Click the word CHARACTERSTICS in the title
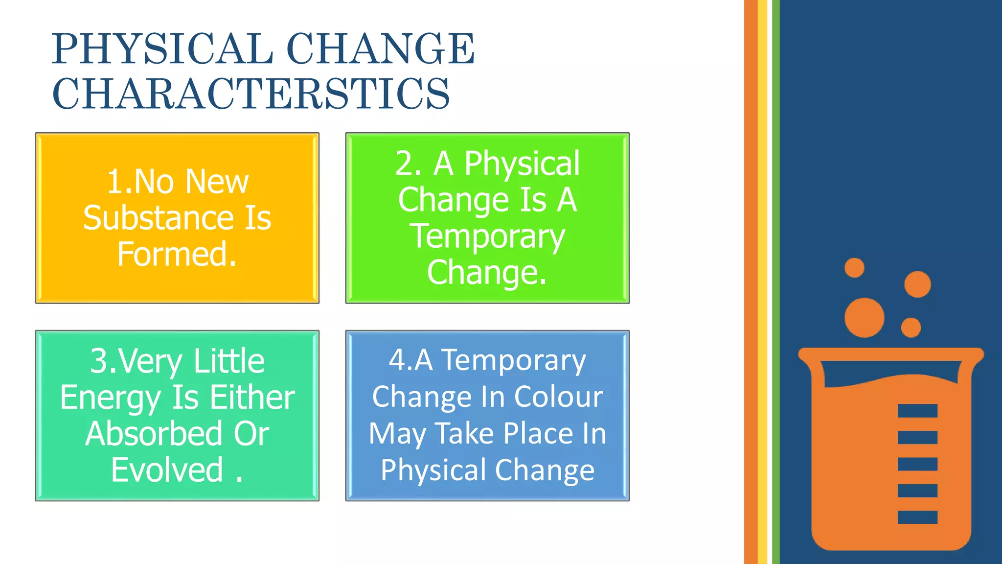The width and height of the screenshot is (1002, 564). click(x=250, y=94)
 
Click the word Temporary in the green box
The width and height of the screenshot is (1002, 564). click(x=487, y=236)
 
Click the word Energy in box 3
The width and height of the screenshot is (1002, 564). click(x=111, y=398)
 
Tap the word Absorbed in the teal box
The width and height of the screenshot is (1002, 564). click(x=153, y=434)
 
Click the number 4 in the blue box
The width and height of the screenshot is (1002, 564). click(x=397, y=360)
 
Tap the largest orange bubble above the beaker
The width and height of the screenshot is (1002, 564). click(x=864, y=317)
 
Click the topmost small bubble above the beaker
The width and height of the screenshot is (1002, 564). click(x=854, y=268)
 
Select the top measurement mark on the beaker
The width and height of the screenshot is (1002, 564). click(x=917, y=411)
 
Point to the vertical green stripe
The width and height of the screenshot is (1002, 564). click(x=775, y=282)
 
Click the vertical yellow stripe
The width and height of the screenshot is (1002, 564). click(x=762, y=282)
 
